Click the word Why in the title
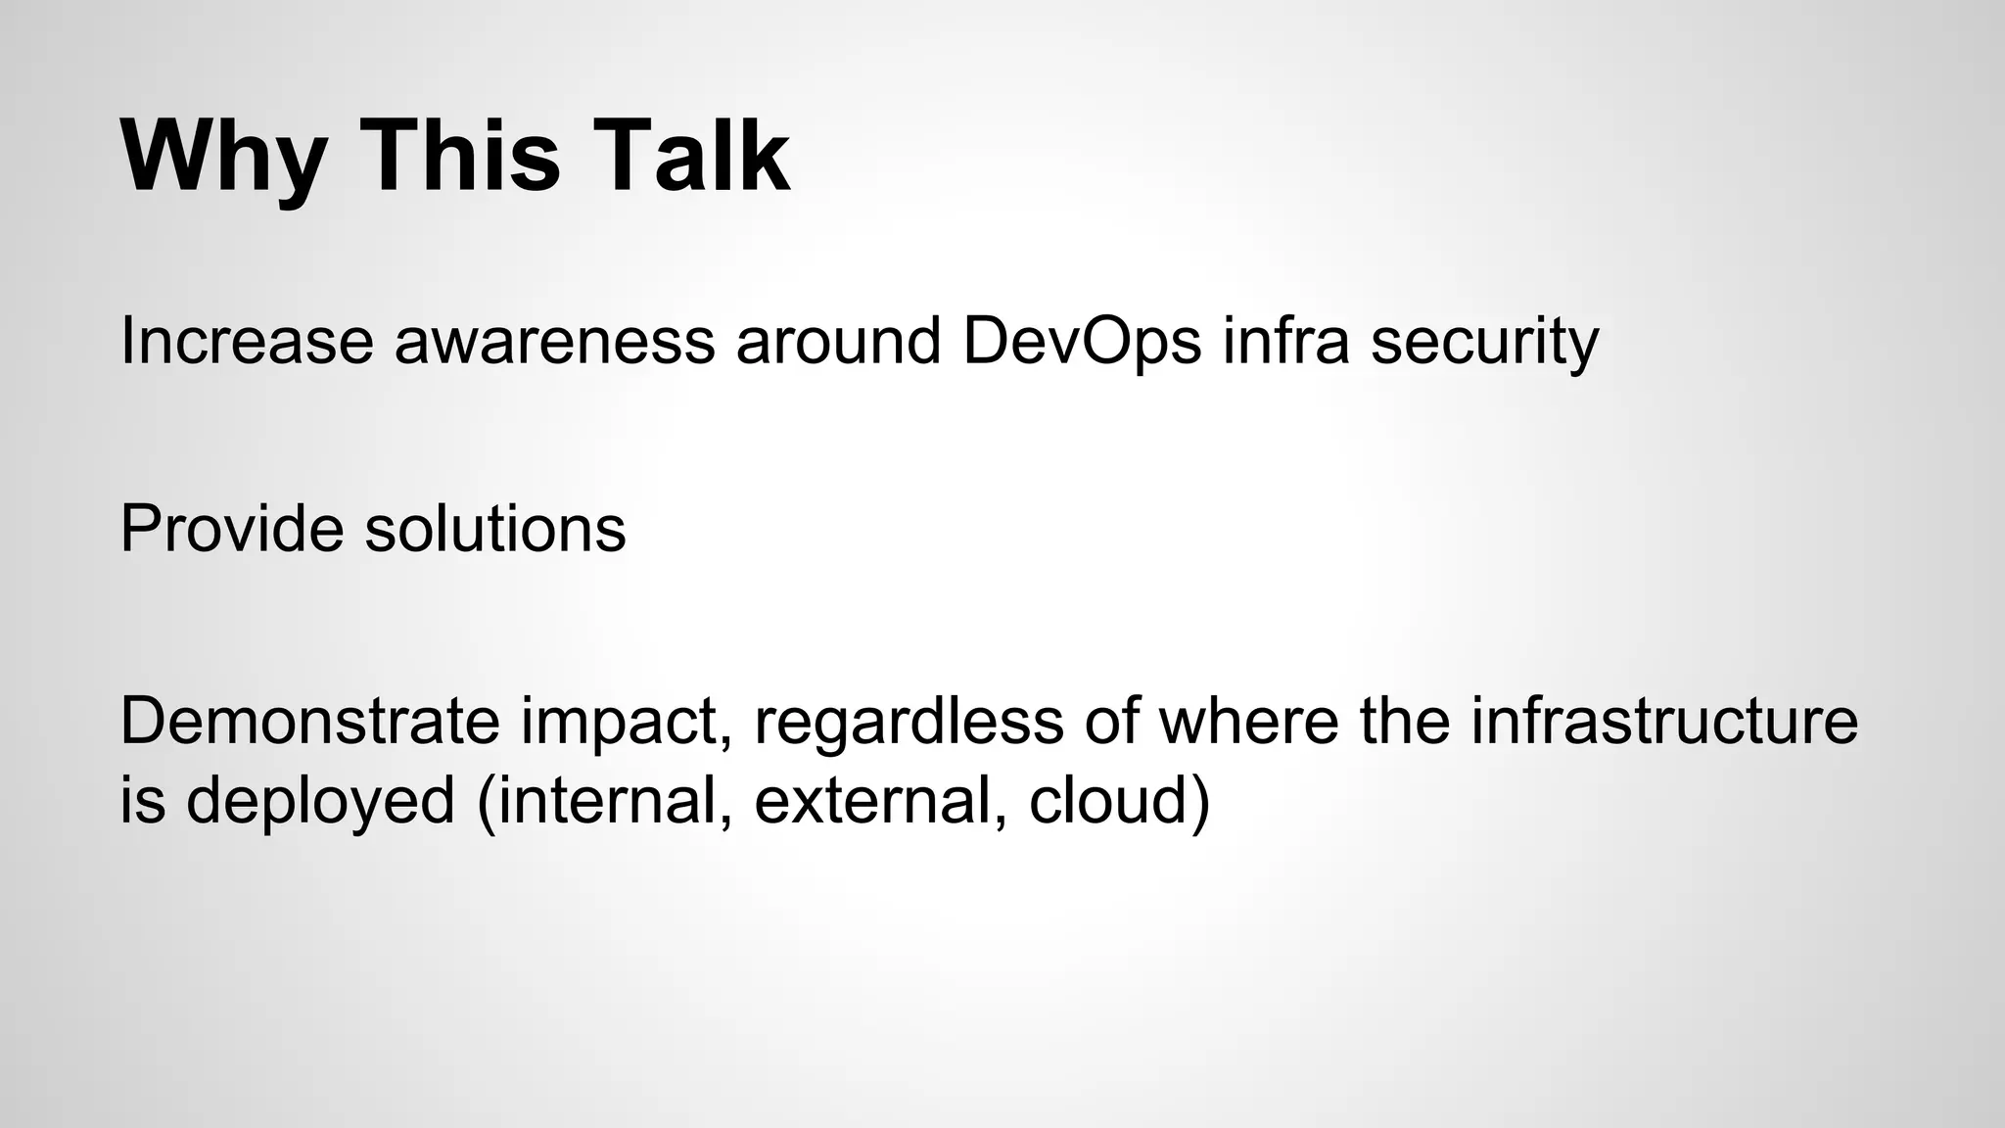[x=223, y=157]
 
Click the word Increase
[x=246, y=342]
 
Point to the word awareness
[x=554, y=342]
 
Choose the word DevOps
[x=1082, y=342]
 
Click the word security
[x=1484, y=342]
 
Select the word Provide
[x=232, y=530]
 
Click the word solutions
[x=495, y=530]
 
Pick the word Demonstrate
[x=309, y=722]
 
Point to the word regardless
[x=909, y=722]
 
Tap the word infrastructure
[x=1664, y=722]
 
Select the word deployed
[x=321, y=800]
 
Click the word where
[x=1249, y=722]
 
